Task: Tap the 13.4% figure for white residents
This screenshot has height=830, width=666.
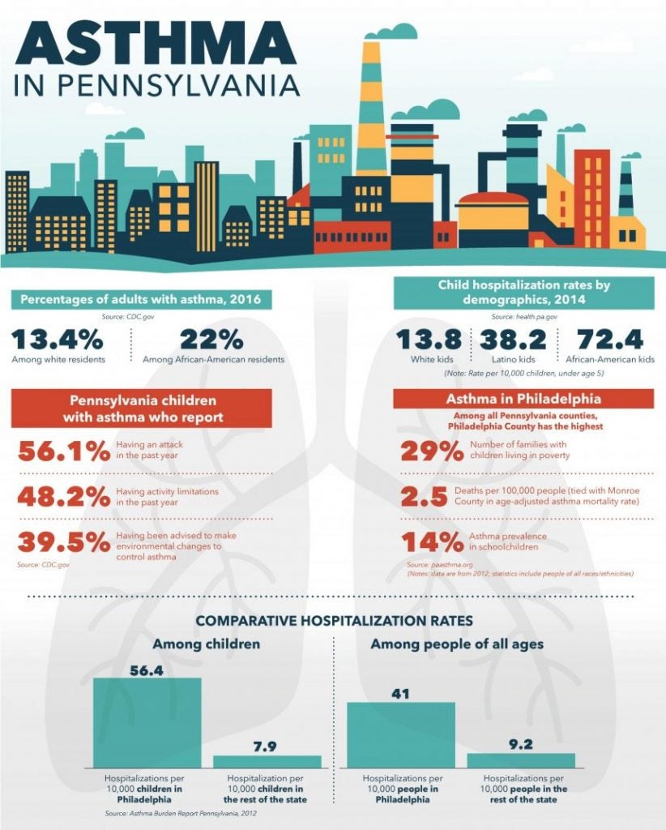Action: [58, 340]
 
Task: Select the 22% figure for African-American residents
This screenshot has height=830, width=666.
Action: [211, 340]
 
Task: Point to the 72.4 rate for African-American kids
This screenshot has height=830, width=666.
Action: [610, 340]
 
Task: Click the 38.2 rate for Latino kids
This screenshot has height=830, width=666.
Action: [513, 340]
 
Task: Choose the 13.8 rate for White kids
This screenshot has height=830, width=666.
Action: [429, 340]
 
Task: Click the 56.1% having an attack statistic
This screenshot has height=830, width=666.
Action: [64, 451]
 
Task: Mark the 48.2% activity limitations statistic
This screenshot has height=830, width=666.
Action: [64, 497]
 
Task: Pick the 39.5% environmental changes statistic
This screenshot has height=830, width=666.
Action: [64, 542]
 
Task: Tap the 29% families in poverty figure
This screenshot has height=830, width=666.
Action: [432, 451]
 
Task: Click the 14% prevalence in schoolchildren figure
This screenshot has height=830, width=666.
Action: [432, 542]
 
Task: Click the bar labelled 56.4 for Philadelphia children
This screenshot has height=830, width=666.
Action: [147, 722]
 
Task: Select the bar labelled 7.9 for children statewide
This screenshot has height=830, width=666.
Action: [267, 762]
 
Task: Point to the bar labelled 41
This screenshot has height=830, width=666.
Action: [401, 735]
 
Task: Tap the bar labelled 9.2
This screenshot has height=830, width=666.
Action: [521, 760]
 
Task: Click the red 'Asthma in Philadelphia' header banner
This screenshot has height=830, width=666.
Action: [523, 399]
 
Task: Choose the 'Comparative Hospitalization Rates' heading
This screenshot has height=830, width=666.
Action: [335, 620]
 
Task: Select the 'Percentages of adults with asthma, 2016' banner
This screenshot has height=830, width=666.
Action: [141, 299]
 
